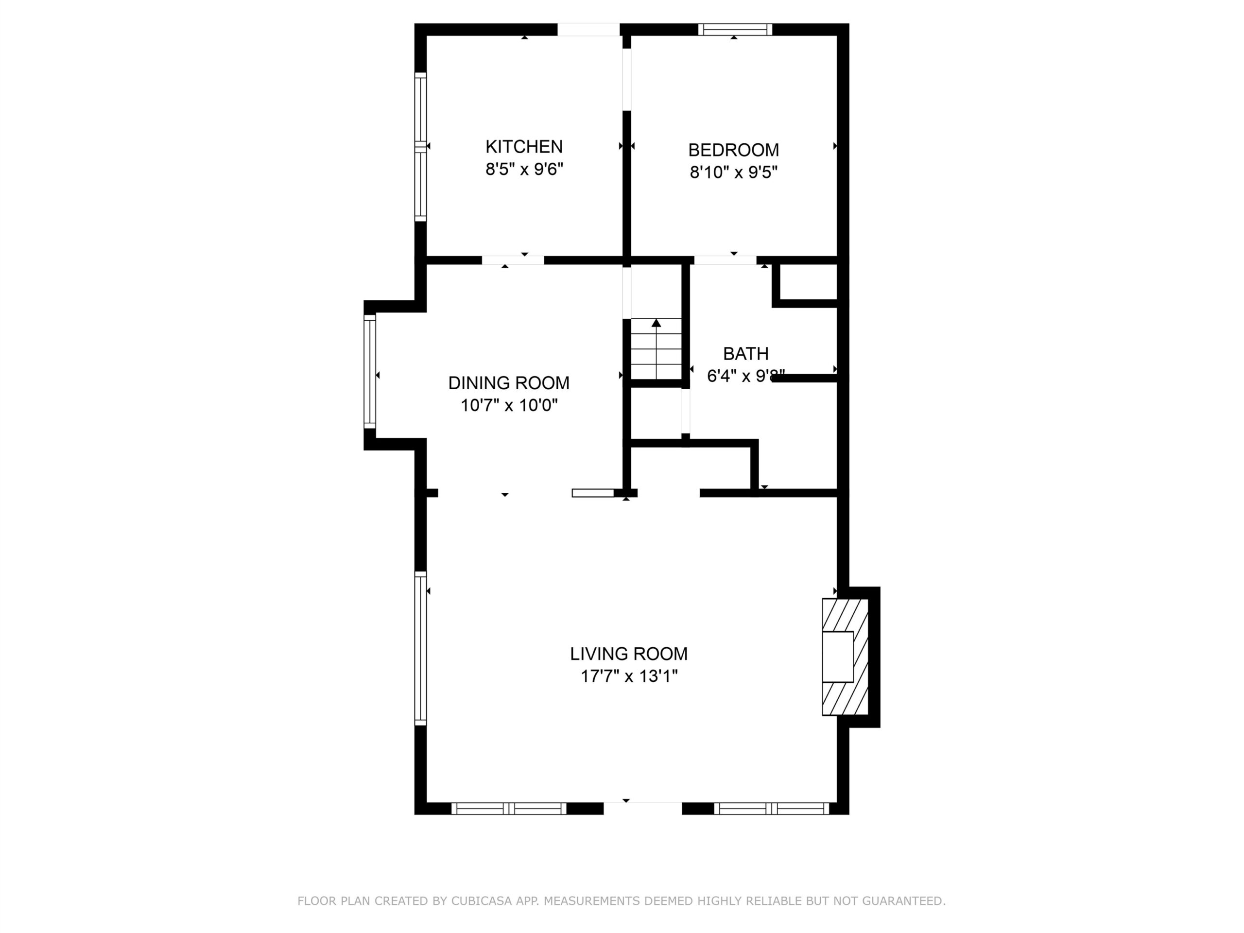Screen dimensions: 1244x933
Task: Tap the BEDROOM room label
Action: pos(733,150)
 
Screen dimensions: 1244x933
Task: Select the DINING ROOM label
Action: pos(508,383)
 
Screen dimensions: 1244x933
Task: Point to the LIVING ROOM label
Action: pos(629,654)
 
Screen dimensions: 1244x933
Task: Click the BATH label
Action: pos(746,354)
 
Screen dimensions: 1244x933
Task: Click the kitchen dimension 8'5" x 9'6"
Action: pos(524,169)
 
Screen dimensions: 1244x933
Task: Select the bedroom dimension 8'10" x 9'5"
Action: pos(733,172)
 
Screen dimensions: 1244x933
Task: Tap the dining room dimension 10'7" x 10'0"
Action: pos(509,405)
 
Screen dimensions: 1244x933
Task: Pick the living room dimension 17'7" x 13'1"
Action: pos(629,676)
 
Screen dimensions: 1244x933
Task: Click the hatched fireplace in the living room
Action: pos(845,657)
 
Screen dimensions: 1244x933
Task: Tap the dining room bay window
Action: pos(369,372)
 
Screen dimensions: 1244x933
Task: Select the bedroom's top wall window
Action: pos(735,29)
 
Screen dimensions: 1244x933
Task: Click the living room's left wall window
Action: pos(420,648)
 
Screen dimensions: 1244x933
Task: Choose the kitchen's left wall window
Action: pos(420,147)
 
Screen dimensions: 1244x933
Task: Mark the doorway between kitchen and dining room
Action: pos(513,260)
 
